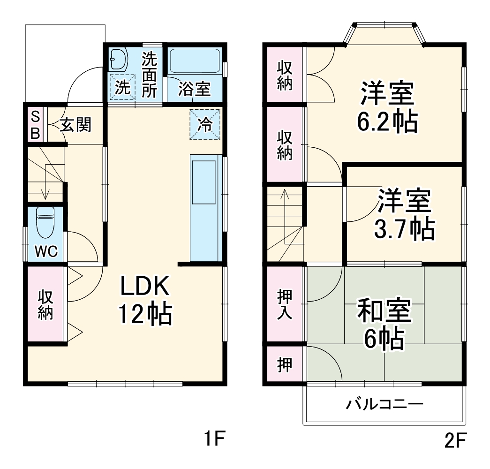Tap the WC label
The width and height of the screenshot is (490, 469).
(x=46, y=252)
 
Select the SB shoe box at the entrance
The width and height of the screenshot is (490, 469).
(x=35, y=124)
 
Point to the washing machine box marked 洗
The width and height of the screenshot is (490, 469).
(x=122, y=88)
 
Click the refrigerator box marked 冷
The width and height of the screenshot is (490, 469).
(x=205, y=124)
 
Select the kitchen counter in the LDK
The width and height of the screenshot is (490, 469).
(x=205, y=206)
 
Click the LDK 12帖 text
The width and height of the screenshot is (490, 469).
(x=145, y=300)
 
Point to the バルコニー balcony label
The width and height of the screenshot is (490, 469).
(x=385, y=404)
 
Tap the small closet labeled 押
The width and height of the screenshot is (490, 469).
(x=284, y=365)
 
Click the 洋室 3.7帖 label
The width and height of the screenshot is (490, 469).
(x=404, y=214)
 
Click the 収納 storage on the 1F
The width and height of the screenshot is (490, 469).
(x=45, y=305)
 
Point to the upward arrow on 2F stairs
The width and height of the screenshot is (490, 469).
(x=284, y=195)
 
